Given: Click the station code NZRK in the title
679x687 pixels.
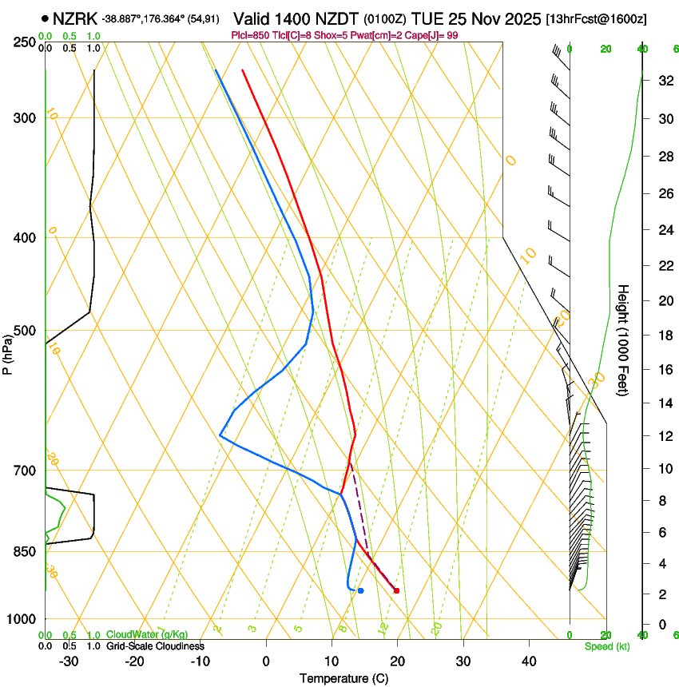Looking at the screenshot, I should coord(75,18).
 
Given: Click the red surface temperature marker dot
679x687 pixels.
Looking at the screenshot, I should coord(396,590).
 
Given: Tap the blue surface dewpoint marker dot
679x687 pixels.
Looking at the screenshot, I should coord(361,590).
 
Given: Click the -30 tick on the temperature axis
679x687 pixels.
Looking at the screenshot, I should coord(69,661).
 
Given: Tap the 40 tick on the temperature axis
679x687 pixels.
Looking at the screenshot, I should coord(529,661).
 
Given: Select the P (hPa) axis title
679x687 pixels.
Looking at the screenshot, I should coord(9,351).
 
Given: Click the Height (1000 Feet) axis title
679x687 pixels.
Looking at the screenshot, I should coord(624,340).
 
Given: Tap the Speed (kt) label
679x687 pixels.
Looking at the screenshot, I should coord(606,646).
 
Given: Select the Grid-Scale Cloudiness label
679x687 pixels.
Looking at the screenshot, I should coord(155,646).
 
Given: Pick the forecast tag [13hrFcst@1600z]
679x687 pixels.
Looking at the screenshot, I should coord(596,18).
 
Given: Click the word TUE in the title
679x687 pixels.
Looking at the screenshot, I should coord(427,18).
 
